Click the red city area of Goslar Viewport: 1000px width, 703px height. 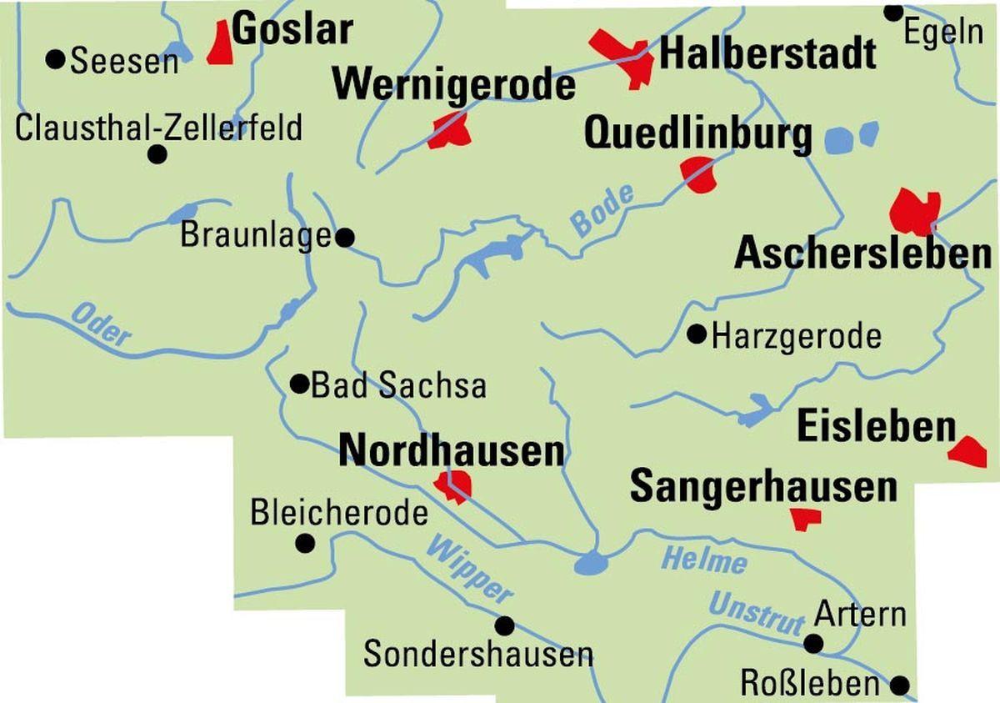click(x=220, y=43)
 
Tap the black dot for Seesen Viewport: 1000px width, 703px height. click(x=56, y=59)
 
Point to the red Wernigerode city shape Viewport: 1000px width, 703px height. click(x=450, y=132)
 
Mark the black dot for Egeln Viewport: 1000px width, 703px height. click(x=893, y=12)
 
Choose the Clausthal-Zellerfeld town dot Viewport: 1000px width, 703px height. click(x=157, y=154)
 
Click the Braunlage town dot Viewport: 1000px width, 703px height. click(x=344, y=238)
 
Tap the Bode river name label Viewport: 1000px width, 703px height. click(x=602, y=210)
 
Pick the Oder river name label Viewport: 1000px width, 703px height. click(x=102, y=324)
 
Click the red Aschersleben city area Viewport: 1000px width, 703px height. click(x=914, y=212)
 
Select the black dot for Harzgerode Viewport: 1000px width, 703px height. click(x=697, y=334)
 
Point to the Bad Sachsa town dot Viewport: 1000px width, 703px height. click(x=298, y=384)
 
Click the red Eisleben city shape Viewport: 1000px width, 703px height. click(x=968, y=451)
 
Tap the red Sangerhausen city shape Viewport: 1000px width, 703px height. click(x=806, y=519)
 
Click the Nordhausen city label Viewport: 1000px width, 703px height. click(x=452, y=451)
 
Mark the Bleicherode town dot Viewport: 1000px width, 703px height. click(x=305, y=543)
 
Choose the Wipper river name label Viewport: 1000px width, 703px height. click(x=468, y=570)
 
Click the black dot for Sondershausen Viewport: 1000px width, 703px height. click(x=504, y=625)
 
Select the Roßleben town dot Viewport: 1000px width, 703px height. click(x=900, y=685)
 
